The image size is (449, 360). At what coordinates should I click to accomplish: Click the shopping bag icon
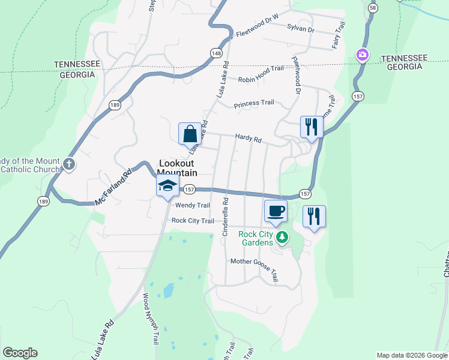[x=190, y=134]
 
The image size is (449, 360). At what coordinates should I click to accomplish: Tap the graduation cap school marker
[x=168, y=187]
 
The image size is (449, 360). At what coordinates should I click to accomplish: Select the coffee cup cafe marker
[x=276, y=211]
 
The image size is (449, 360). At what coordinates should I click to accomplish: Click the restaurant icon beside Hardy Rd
[x=312, y=127]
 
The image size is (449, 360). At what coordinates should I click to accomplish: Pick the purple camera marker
[x=362, y=55]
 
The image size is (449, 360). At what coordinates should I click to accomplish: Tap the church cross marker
[x=69, y=164]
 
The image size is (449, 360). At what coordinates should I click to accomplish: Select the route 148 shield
[x=215, y=53]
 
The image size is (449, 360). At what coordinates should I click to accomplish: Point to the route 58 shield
[x=373, y=7]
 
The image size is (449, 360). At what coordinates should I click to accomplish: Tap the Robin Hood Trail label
[x=261, y=68]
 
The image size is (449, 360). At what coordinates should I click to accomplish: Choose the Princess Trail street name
[x=254, y=103]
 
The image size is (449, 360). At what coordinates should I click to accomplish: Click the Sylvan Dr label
[x=301, y=28]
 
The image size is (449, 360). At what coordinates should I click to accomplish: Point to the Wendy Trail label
[x=192, y=205]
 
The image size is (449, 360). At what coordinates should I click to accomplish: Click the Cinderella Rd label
[x=226, y=217]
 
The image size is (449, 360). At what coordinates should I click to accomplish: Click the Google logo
[x=20, y=353]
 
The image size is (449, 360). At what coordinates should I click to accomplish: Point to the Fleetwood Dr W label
[x=258, y=34]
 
